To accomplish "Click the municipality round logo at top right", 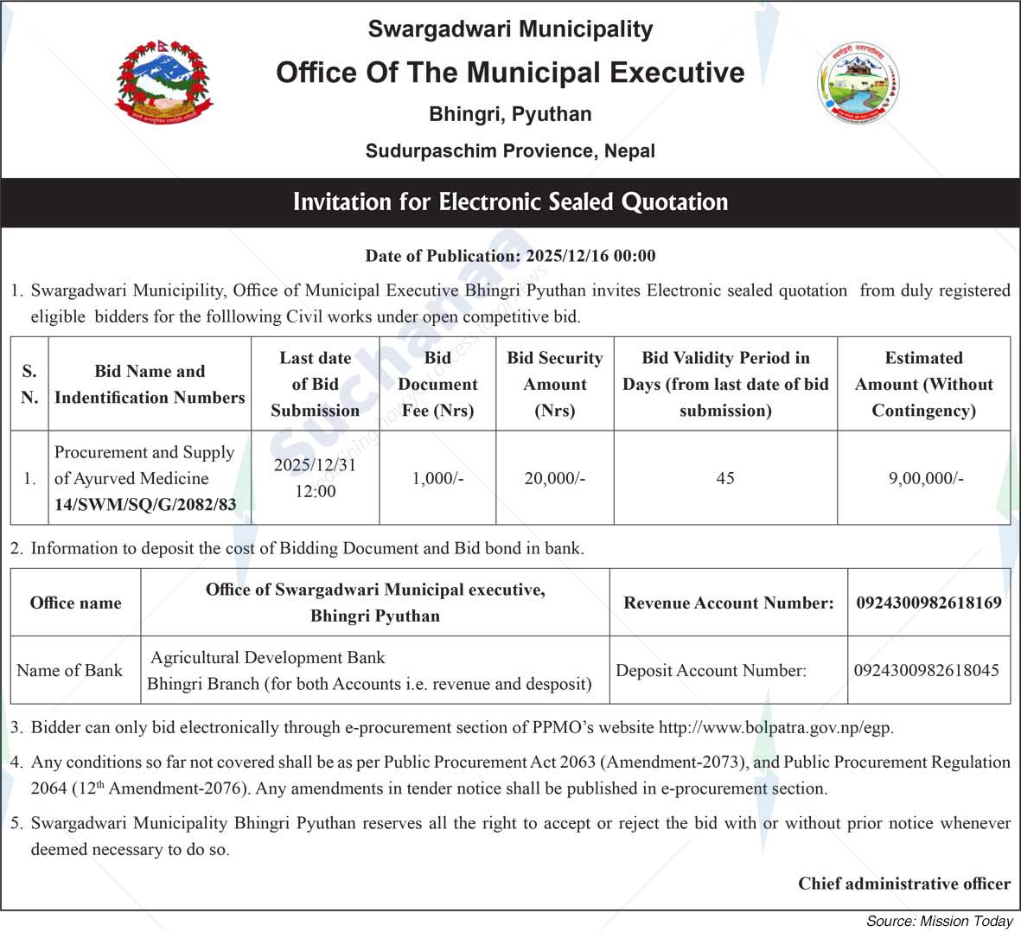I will click(x=858, y=83).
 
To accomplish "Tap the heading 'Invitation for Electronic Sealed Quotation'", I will click(x=510, y=202).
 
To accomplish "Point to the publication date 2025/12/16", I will click(x=565, y=256).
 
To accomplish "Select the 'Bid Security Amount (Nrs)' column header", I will click(x=554, y=384).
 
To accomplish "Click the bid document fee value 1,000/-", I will click(x=437, y=478).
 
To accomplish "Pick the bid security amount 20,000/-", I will click(x=554, y=478).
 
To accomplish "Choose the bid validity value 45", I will click(x=725, y=478).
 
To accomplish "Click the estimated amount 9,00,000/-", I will click(x=925, y=478).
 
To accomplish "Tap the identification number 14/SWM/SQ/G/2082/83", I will click(x=145, y=505).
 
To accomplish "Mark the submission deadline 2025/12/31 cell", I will click(x=315, y=478).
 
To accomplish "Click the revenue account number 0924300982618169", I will click(x=928, y=603).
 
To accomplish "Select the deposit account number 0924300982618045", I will click(x=927, y=670).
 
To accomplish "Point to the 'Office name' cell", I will click(x=75, y=603).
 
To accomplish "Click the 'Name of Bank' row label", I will click(x=69, y=670).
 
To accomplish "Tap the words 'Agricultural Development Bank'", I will click(x=268, y=658).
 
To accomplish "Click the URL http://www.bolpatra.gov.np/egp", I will click(x=775, y=728).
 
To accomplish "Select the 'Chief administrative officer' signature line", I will click(x=903, y=884).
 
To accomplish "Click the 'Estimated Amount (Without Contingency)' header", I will click(x=923, y=384).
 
